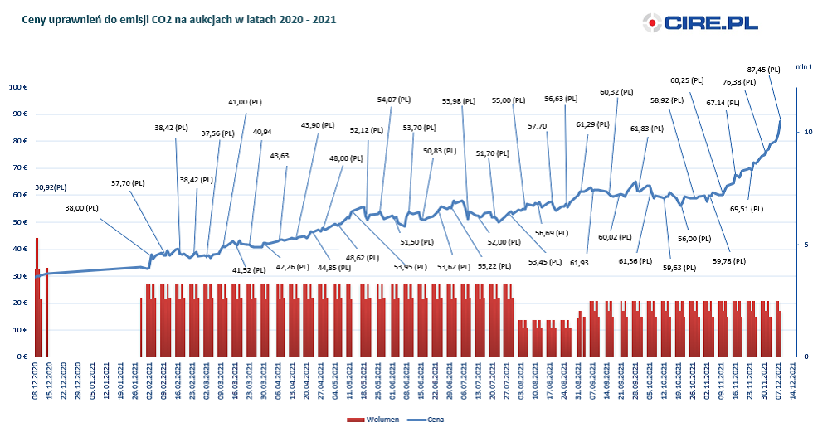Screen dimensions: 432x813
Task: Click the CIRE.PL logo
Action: [x=700, y=22]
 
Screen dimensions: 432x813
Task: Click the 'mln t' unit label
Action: [x=803, y=66]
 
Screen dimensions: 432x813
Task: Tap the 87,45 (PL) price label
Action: [x=763, y=70]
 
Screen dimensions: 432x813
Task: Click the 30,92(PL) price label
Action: [x=51, y=188]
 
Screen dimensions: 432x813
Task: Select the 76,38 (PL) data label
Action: [x=739, y=82]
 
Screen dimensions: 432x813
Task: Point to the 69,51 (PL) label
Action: [x=747, y=209]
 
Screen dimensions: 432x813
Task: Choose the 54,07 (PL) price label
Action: [x=393, y=100]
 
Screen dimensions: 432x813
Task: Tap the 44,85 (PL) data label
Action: [x=336, y=268]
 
